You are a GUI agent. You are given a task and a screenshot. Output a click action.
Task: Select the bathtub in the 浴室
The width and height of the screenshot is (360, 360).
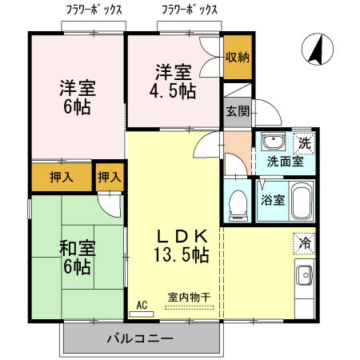(300, 200)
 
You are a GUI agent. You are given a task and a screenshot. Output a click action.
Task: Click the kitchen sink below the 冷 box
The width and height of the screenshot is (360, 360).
(306, 278)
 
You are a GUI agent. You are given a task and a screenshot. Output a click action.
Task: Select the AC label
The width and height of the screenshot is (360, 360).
(142, 305)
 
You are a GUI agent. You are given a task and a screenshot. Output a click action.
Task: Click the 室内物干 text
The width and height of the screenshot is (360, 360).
(189, 297)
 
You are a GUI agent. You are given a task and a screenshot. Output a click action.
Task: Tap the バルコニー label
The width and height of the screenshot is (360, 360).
(140, 339)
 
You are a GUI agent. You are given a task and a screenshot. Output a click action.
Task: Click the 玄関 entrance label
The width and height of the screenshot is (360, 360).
(236, 111)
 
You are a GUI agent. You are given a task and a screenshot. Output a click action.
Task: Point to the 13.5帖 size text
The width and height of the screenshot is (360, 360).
(182, 255)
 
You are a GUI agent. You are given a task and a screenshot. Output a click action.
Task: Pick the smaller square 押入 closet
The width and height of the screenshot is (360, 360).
(110, 177)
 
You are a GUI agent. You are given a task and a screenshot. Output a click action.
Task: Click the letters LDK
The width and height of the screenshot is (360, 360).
(182, 237)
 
